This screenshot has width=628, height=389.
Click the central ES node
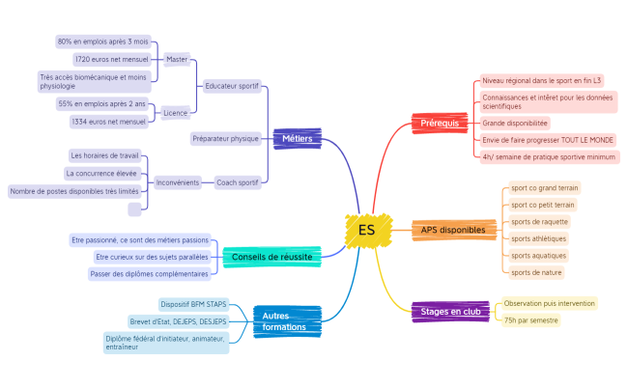coord(366,230)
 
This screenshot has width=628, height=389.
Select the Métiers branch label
coord(296,138)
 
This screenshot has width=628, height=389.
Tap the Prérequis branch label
coord(441,123)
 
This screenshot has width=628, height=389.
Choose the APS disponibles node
coord(453,230)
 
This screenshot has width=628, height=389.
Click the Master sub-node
coord(177,59)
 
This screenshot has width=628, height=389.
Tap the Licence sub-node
coord(175,113)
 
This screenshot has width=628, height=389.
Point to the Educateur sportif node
coord(232,86)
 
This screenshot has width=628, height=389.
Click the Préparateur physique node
coord(225,138)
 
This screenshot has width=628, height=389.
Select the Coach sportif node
coord(237,181)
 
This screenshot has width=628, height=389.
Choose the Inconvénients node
coord(178,181)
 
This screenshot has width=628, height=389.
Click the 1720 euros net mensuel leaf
coord(112,59)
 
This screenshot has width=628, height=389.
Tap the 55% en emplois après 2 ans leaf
coord(102,103)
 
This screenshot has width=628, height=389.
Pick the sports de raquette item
coord(539,221)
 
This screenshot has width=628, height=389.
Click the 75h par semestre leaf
coord(530,320)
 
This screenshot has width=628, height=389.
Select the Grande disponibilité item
coord(515,123)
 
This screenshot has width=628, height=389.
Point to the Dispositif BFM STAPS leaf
coord(193,304)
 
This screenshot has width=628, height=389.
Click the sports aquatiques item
coord(538,256)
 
